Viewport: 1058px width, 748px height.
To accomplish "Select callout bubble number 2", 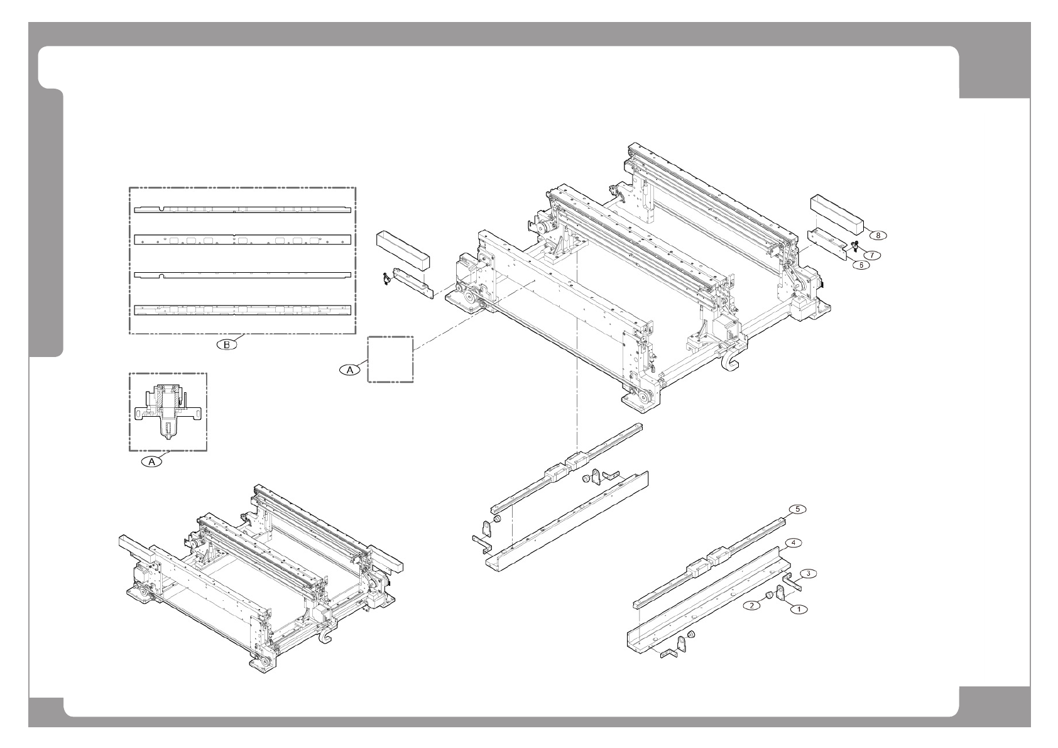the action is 750,605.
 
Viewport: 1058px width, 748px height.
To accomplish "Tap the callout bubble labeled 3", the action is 810,573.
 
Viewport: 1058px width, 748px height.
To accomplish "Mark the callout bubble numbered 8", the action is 878,235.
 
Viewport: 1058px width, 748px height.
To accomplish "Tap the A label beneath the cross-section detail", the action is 151,462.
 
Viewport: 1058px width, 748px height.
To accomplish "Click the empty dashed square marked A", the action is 390,359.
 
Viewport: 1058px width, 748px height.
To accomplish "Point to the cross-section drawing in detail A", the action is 167,412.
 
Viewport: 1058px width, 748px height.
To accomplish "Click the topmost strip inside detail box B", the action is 243,210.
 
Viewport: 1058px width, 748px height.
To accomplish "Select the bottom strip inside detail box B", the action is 243,310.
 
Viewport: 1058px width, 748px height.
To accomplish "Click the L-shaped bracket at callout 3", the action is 793,581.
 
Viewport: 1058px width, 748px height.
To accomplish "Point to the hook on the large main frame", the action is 731,363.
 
